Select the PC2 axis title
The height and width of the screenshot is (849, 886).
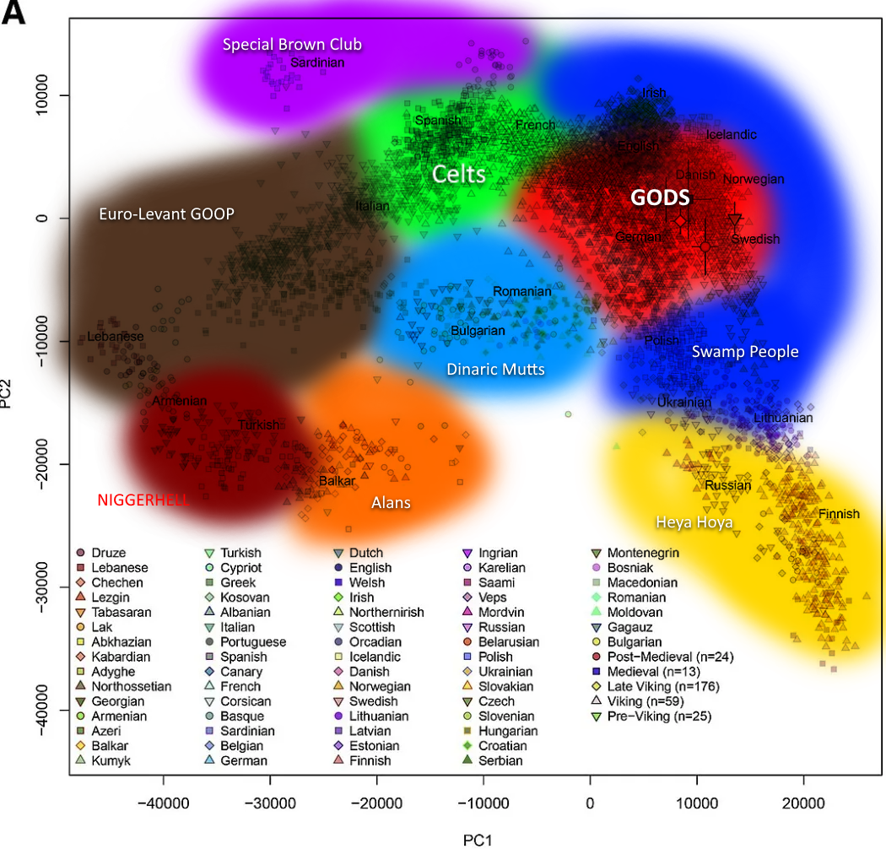(x=8, y=392)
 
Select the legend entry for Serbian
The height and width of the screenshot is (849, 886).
(x=500, y=760)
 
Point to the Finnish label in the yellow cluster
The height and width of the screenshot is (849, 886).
(x=839, y=514)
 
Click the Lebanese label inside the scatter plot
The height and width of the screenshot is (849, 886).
(x=116, y=337)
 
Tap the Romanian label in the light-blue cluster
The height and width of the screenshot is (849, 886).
(x=521, y=291)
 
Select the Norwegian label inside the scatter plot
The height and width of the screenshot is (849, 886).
(x=754, y=180)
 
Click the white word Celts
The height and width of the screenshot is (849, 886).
(x=459, y=175)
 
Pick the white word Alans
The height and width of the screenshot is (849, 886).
(x=391, y=503)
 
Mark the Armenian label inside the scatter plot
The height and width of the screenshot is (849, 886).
(x=179, y=401)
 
